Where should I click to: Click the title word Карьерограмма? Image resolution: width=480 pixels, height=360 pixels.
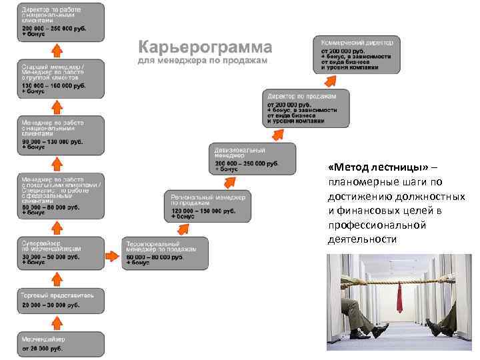(205, 47)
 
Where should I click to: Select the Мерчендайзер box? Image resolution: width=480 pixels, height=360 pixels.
(61, 343)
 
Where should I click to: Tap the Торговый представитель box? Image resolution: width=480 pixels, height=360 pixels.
(61, 300)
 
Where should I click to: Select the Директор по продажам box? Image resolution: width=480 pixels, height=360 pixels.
(307, 108)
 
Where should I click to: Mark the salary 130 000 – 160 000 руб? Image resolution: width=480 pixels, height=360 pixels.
(53, 86)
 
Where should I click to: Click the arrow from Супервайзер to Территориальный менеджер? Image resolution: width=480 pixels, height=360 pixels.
(111, 255)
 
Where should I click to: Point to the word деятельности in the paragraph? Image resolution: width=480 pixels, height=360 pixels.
(361, 239)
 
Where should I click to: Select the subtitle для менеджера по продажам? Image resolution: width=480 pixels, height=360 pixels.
(202, 61)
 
